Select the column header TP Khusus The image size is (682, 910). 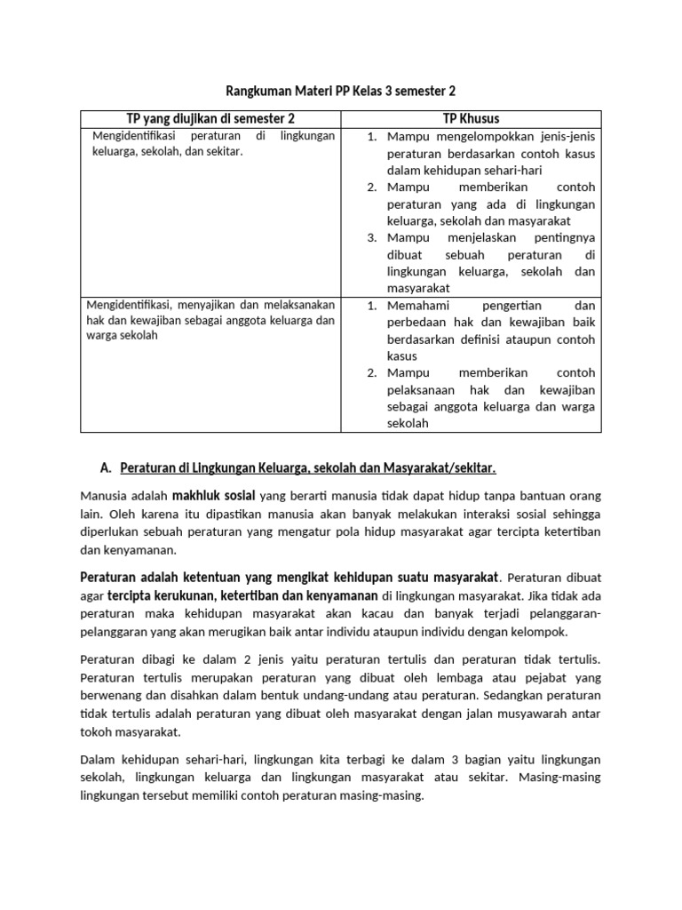point(471,118)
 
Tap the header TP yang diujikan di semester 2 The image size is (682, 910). point(210,118)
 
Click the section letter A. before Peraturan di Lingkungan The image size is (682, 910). point(107,467)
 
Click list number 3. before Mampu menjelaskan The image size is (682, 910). point(373,237)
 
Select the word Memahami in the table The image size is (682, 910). point(417,305)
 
